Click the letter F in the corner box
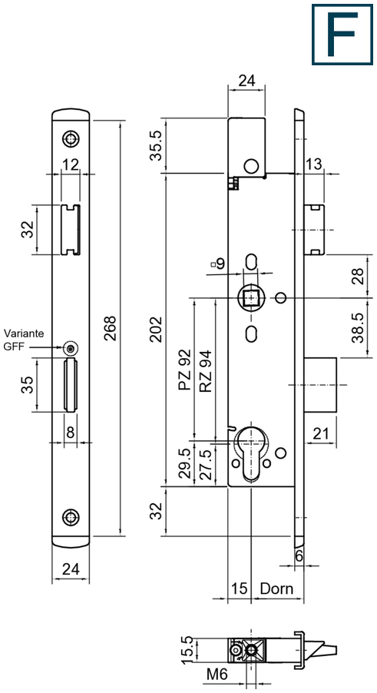point(342,34)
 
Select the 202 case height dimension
point(156,330)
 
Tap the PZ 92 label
point(185,370)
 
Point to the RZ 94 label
point(205,371)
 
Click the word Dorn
point(276,589)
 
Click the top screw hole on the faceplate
point(70,139)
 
